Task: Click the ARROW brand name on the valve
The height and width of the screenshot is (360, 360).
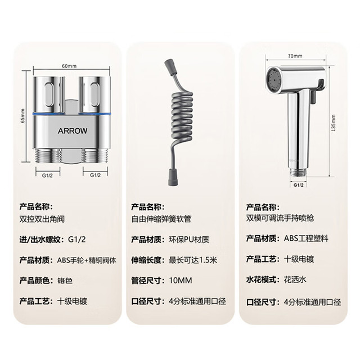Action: tap(73, 131)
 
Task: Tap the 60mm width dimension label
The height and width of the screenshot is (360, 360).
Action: tap(69, 66)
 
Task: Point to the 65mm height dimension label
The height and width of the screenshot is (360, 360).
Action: tap(23, 115)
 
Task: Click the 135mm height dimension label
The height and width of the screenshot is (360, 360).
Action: tap(334, 123)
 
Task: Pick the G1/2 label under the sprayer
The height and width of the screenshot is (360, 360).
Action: tap(299, 185)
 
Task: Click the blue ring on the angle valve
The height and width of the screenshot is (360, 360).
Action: tap(73, 114)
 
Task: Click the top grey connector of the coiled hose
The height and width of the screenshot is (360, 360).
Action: tap(170, 66)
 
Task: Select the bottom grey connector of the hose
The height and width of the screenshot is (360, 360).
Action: tap(173, 178)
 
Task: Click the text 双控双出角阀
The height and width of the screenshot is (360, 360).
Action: tap(42, 219)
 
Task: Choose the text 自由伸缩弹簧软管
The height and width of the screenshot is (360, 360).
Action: tap(161, 219)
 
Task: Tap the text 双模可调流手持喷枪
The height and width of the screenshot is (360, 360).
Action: tap(280, 218)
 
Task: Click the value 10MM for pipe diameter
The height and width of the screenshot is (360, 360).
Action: tap(181, 280)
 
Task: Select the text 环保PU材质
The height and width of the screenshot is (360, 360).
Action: tap(189, 240)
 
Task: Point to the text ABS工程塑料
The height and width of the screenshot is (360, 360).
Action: tap(306, 238)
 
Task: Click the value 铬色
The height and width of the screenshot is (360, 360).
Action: tap(65, 281)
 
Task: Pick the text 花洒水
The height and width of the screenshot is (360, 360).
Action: tap(295, 280)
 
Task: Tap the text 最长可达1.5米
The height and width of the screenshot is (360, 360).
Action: tap(193, 260)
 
